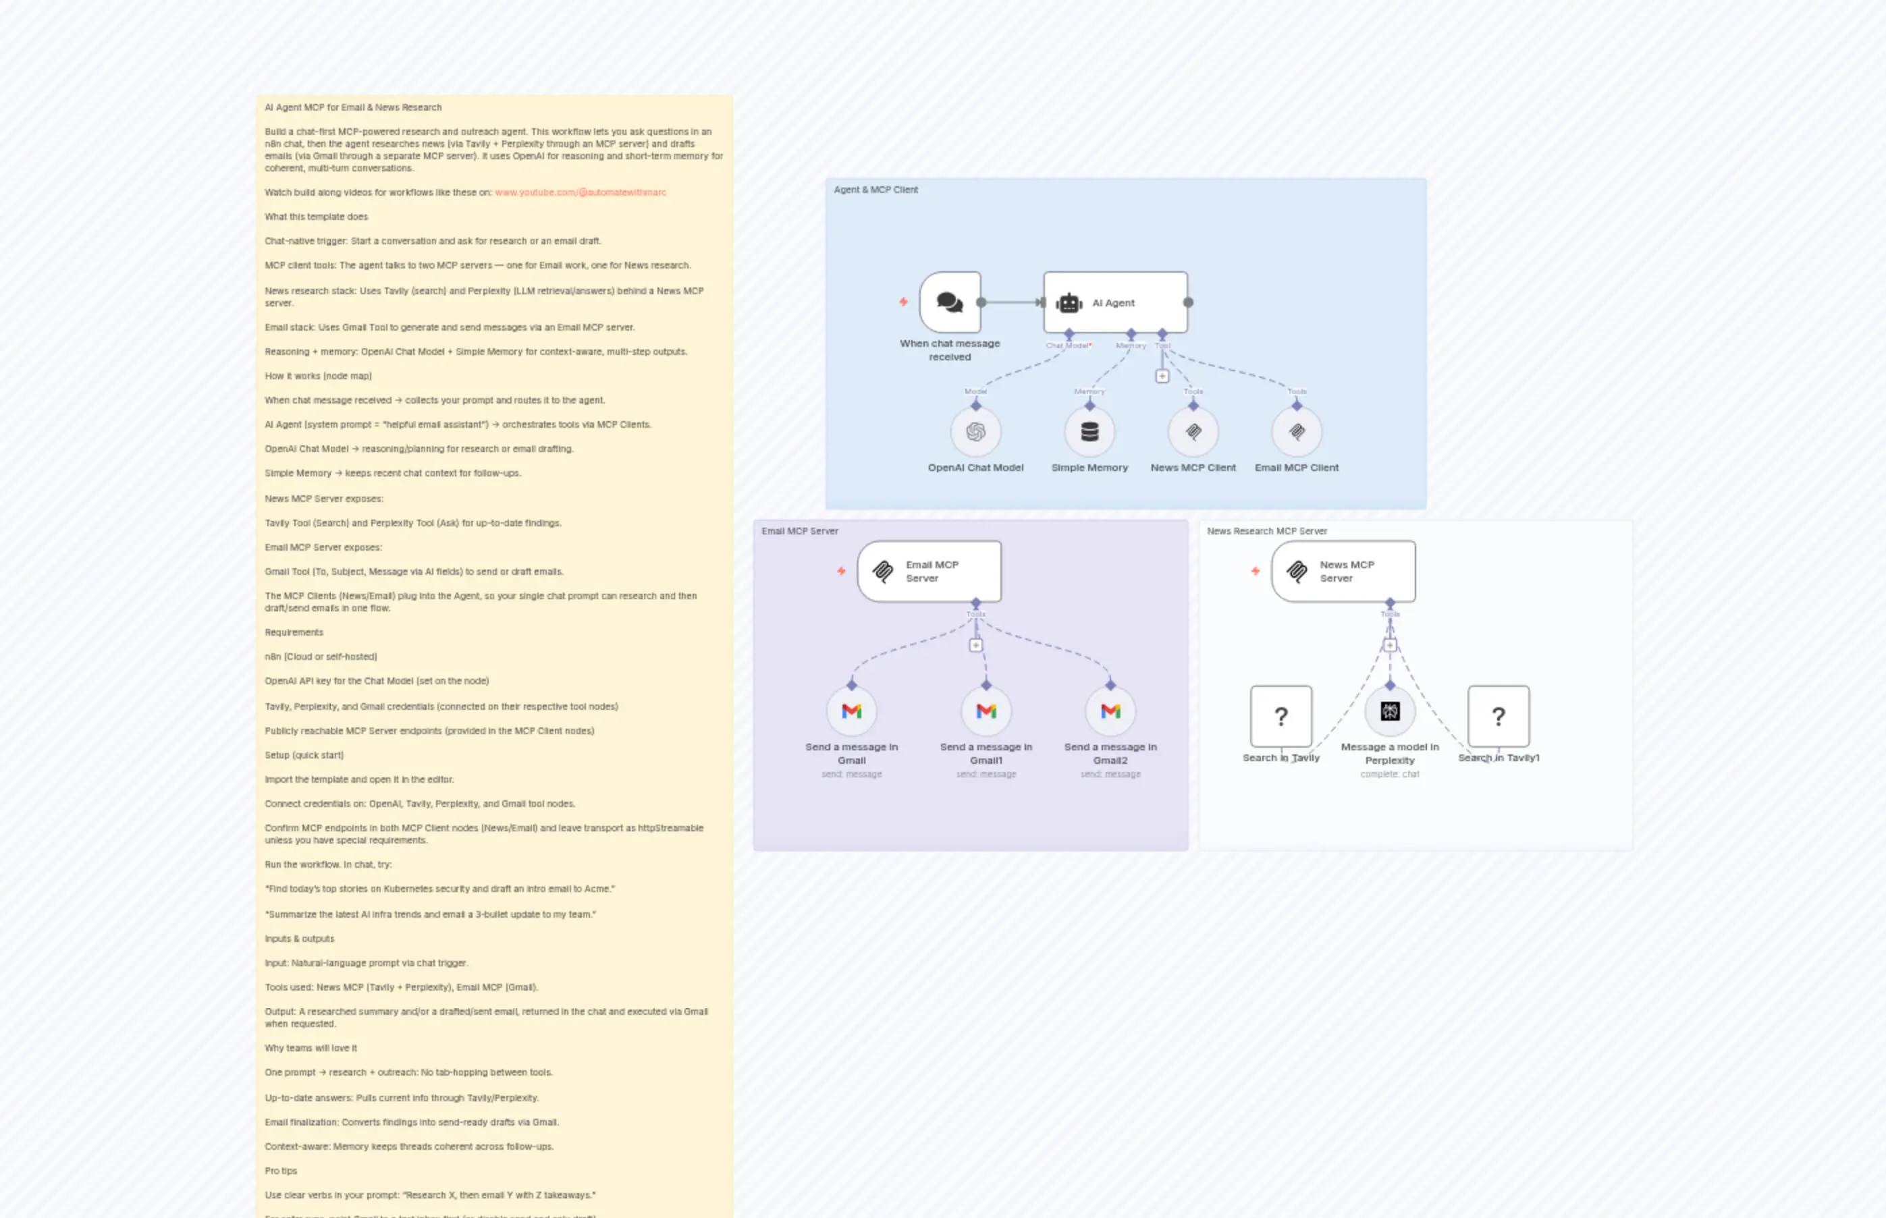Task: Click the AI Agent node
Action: coord(1114,302)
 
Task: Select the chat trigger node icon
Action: coord(949,302)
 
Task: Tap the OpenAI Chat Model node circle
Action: coord(975,432)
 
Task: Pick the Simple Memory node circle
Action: coord(1089,432)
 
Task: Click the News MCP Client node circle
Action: coord(1193,432)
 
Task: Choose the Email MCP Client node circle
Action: coord(1297,432)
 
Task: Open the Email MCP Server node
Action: coord(929,571)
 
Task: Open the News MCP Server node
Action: coord(1343,571)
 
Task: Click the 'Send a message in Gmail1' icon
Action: coord(986,711)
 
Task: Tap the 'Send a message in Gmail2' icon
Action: coord(1110,711)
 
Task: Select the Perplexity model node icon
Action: coord(1390,711)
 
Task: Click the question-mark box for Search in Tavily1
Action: coord(1499,716)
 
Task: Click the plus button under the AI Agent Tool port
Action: coord(1162,377)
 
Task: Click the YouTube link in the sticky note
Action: coord(581,192)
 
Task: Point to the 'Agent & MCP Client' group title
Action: coord(875,190)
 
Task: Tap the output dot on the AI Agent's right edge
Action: coord(1188,302)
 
